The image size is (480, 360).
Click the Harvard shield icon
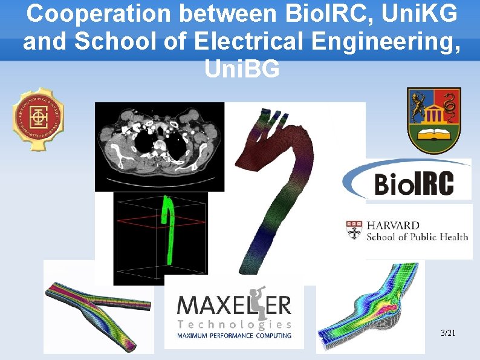pyautogui.click(x=354, y=231)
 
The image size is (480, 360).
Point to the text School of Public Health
pyautogui.click(x=417, y=237)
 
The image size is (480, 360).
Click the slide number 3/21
pyautogui.click(x=448, y=333)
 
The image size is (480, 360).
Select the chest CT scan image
pyautogui.click(x=160, y=146)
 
